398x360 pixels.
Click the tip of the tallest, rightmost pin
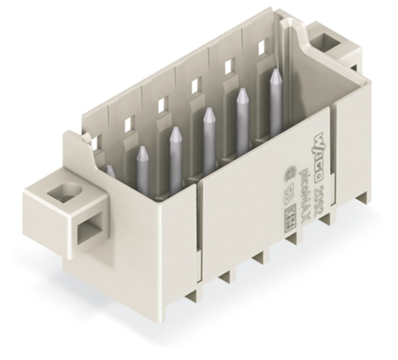click(275, 72)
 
